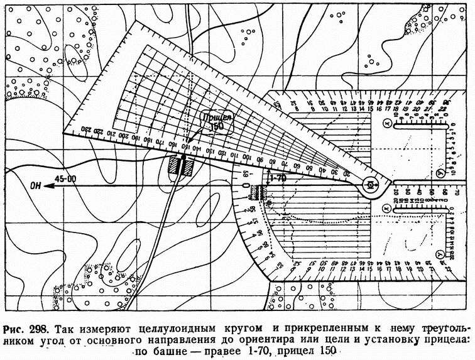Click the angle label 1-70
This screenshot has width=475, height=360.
(x=276, y=178)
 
